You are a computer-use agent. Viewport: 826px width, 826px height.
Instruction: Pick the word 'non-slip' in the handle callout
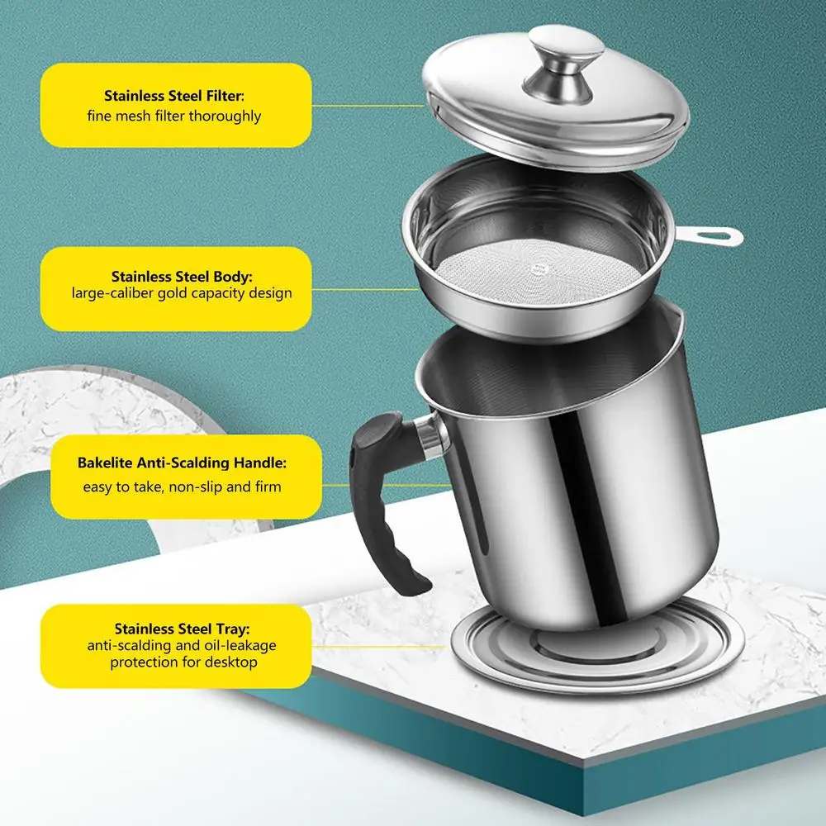coord(196,487)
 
